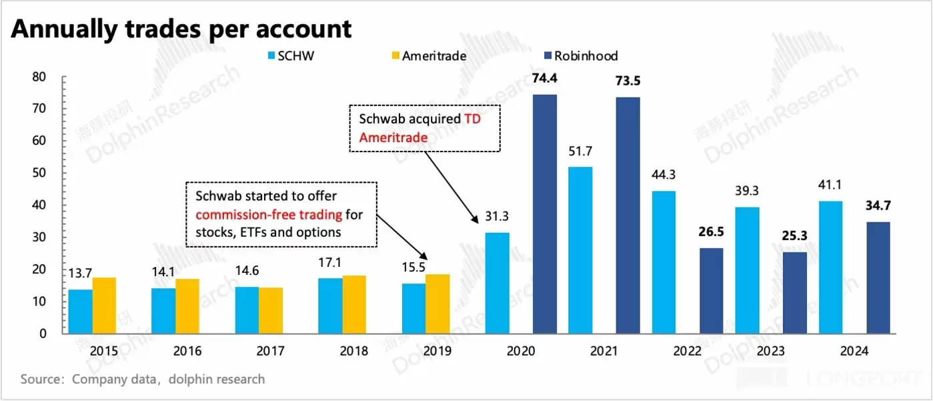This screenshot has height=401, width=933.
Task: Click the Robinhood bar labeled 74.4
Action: [545, 214]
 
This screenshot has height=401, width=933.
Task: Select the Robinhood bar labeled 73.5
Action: [628, 215]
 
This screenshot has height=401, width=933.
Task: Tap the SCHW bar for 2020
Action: [497, 283]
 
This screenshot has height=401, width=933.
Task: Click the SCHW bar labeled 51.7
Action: [580, 250]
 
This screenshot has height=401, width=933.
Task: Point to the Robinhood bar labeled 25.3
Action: [794, 292]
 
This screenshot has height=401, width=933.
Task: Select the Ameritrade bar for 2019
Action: [437, 304]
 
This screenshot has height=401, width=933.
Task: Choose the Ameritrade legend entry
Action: [427, 56]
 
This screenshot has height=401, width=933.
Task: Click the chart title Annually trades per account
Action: [181, 29]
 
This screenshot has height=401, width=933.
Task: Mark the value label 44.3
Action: [664, 176]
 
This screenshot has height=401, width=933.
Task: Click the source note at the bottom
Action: [143, 379]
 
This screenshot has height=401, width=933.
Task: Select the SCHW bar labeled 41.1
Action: [830, 267]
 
